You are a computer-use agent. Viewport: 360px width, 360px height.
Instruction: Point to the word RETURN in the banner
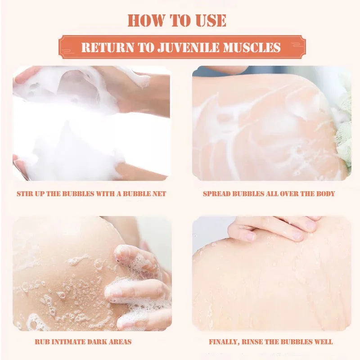[102, 47]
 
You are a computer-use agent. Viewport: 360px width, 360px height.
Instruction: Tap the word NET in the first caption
[158, 194]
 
